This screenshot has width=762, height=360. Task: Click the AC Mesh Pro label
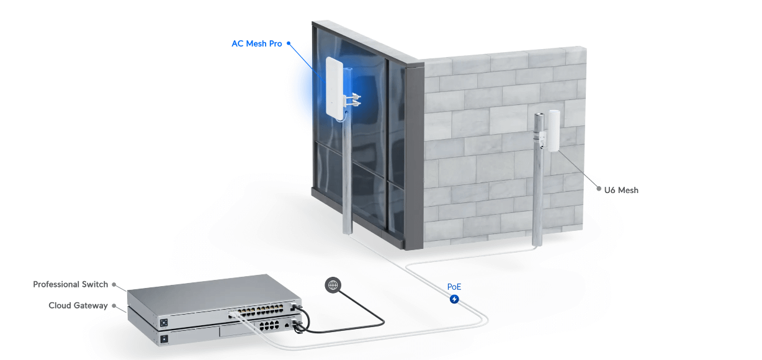pos(256,44)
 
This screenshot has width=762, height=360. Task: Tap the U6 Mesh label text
pos(621,190)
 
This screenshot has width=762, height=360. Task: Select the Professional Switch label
pos(70,284)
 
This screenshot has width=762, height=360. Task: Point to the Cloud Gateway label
pos(78,305)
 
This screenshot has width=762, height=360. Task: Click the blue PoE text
pos(454,287)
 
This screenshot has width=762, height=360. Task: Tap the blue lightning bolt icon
pos(454,299)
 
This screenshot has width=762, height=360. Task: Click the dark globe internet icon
pos(333,285)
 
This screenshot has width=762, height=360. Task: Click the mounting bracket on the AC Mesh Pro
pos(353,99)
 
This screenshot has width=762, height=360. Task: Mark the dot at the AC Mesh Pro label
pos(289,44)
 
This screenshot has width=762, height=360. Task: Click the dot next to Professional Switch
pos(114,285)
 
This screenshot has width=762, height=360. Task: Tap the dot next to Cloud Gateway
pos(114,305)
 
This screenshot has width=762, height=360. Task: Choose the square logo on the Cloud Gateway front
pos(164,339)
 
